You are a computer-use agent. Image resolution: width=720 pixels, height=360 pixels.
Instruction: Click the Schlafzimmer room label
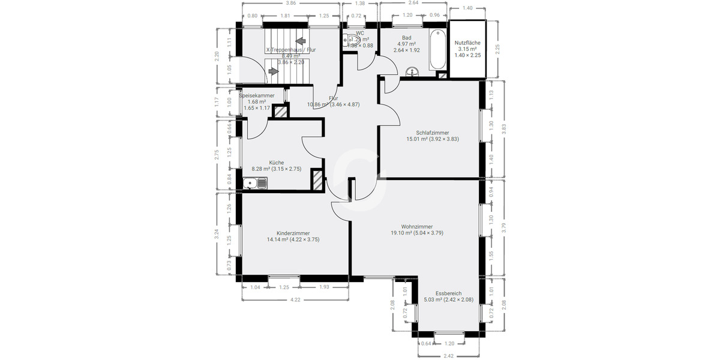pos(432,133)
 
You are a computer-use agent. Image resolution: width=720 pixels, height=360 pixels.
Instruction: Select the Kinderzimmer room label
pos(293,233)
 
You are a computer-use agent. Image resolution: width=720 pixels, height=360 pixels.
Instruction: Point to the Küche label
pos(276,163)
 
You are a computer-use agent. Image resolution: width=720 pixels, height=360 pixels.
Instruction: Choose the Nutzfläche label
pos(467,43)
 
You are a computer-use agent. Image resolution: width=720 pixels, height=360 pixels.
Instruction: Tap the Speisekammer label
pos(257,95)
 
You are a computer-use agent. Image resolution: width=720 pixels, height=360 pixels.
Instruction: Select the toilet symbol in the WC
pos(351,41)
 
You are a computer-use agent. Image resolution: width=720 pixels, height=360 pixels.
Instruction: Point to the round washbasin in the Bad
pos(412,73)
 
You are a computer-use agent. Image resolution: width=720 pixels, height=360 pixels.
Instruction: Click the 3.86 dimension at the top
pos(290,4)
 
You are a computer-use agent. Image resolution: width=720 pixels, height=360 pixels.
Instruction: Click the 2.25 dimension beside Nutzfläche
pos(497,49)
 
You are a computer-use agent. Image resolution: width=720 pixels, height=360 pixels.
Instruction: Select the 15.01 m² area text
pos(417,139)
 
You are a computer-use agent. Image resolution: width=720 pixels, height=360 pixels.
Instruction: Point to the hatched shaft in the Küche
pos(317,180)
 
